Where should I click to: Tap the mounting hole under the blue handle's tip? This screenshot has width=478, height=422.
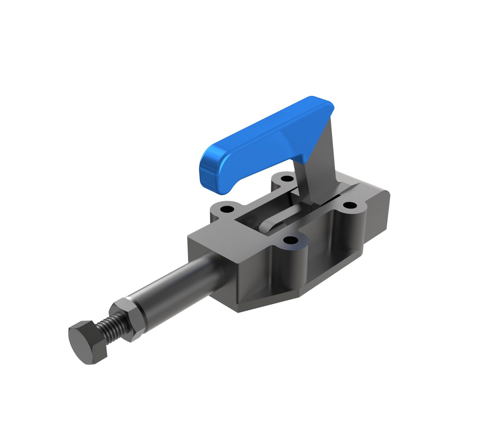[x=225, y=209]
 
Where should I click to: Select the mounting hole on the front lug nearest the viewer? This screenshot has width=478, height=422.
[x=289, y=240]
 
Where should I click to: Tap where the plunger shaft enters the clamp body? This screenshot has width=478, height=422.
[x=217, y=268]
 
